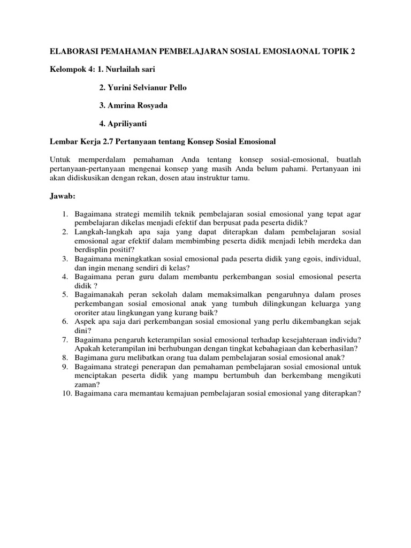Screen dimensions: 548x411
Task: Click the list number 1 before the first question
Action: (64, 214)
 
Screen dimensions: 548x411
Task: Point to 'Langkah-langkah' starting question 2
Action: (101, 232)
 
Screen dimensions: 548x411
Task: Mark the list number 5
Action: (64, 295)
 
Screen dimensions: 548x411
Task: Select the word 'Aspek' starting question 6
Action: (86, 322)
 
